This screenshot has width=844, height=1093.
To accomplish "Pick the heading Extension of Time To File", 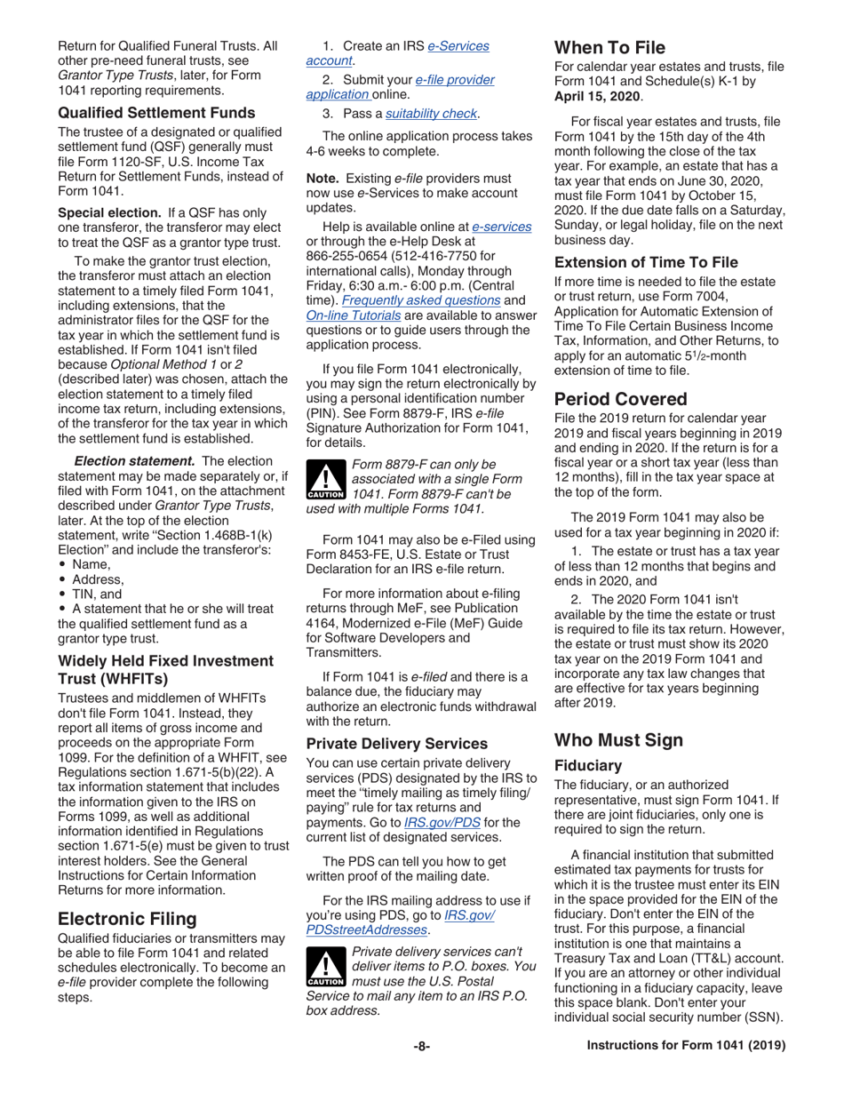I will point(648,262).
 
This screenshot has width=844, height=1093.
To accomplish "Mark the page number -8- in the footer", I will point(421,1072).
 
